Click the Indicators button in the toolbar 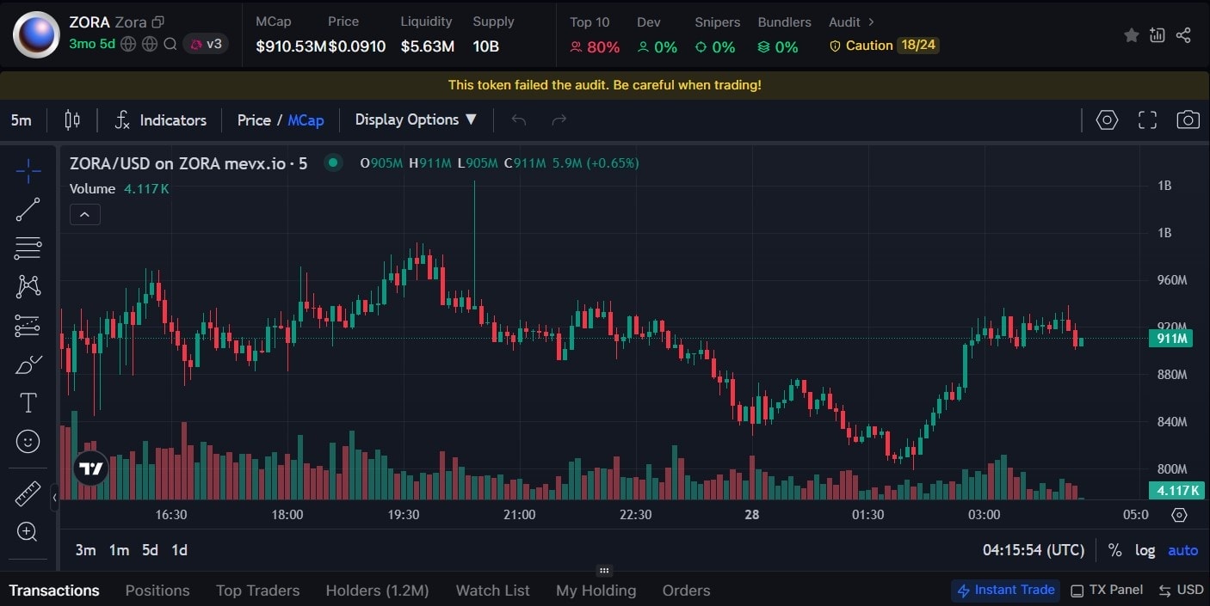click(x=161, y=120)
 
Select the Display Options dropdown click(x=416, y=120)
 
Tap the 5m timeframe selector click(x=22, y=120)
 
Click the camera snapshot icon click(x=1188, y=120)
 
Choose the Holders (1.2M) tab click(x=377, y=591)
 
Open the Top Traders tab click(x=257, y=591)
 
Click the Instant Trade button click(x=1005, y=590)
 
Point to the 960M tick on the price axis click(x=1171, y=280)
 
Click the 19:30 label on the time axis click(x=403, y=515)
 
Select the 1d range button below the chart click(x=179, y=550)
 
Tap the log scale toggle click(x=1145, y=550)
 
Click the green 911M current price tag click(x=1170, y=339)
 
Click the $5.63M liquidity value click(x=427, y=46)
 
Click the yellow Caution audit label click(x=868, y=46)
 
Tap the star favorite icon click(x=1131, y=35)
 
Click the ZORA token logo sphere click(x=36, y=34)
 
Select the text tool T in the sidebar click(x=28, y=402)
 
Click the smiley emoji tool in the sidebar click(x=28, y=442)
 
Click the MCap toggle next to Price click(x=306, y=120)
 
